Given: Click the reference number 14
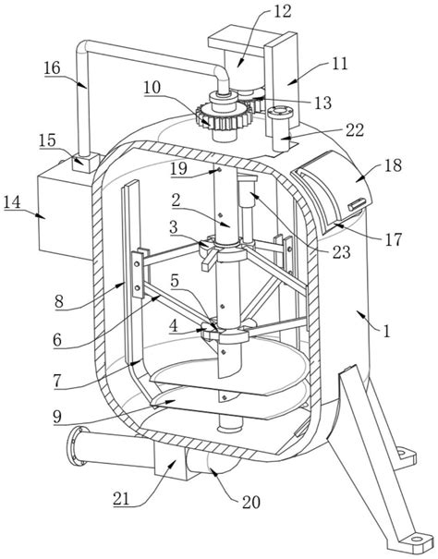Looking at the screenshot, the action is tap(12, 202).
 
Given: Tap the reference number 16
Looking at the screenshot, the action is tap(52, 67).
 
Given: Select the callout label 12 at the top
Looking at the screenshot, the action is tap(283, 11).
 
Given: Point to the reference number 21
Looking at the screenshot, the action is tap(121, 499).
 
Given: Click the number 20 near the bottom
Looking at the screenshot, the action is tap(251, 503).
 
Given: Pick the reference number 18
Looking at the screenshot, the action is tap(393, 165).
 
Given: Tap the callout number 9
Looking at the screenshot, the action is tap(57, 416).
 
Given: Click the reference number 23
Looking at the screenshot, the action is tap(341, 252).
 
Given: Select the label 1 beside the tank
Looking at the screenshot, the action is tap(386, 331).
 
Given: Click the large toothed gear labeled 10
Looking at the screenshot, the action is tap(221, 117).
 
